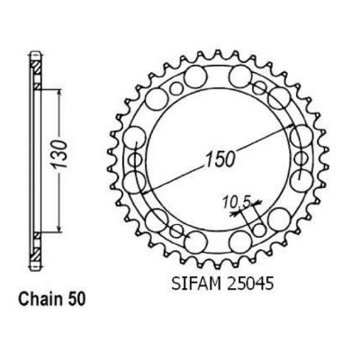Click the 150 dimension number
point(220,159)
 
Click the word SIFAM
point(196,283)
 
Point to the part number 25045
point(249,283)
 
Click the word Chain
point(40,299)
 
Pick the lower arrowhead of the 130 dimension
point(59,228)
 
